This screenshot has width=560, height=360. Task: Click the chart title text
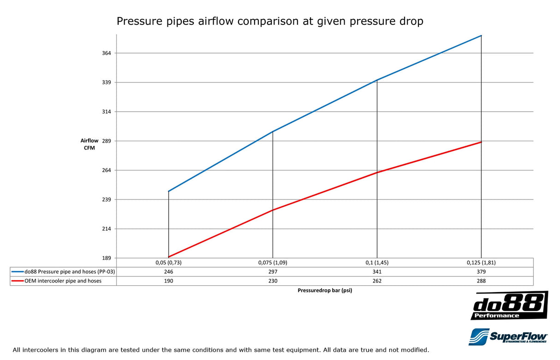point(269,21)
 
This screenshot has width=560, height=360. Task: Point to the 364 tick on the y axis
point(107,53)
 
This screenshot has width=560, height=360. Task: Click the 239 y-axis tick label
point(107,199)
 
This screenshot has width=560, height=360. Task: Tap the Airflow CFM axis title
point(89,144)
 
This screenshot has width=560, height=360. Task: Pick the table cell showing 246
point(168,272)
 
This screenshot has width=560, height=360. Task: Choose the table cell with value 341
point(377,272)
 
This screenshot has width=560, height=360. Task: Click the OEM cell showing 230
point(273,281)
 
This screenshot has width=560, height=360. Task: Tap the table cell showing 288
point(481,281)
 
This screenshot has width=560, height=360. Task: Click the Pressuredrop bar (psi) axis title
point(325,291)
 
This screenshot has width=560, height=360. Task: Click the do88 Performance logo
point(509,305)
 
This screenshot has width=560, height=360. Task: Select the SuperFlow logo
point(508,336)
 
